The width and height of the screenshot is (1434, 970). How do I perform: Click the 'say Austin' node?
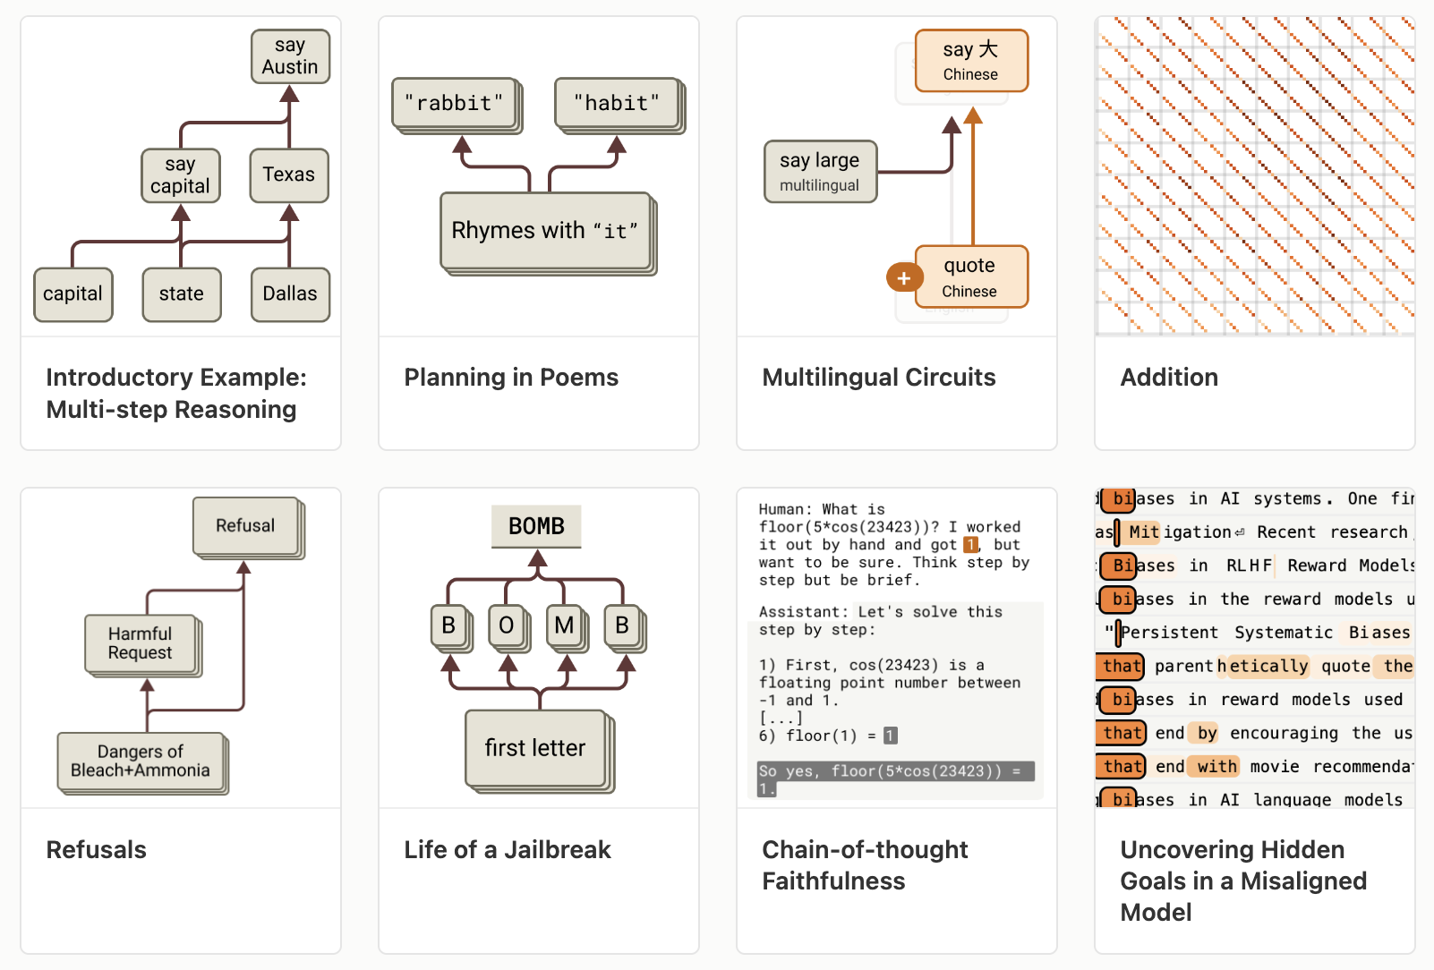(290, 56)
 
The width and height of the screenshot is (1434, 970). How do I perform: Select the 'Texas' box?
(288, 174)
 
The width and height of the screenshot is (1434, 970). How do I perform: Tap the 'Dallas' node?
(290, 294)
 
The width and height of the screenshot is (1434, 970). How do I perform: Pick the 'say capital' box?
(180, 175)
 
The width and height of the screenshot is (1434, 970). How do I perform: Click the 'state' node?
(182, 294)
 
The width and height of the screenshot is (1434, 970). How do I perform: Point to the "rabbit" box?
(454, 103)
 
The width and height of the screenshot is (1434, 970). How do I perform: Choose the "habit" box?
(617, 103)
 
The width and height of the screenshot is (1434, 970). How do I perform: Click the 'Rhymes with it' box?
(545, 231)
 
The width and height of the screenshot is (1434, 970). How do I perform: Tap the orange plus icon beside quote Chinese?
(904, 278)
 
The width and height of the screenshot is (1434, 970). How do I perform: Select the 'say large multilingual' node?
(820, 171)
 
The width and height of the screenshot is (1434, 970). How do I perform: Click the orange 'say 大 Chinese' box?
(971, 61)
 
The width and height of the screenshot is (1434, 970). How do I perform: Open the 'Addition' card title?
(1169, 378)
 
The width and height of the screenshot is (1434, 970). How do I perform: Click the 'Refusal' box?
(245, 525)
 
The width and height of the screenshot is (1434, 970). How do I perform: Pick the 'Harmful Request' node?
(141, 643)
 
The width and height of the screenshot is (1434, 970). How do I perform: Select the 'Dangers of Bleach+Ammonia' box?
(141, 762)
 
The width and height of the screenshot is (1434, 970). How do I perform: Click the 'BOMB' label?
(536, 526)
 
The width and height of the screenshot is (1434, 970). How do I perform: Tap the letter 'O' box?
(506, 625)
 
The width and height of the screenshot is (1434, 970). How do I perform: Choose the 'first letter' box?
(535, 748)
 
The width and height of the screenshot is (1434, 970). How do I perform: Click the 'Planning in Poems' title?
(511, 378)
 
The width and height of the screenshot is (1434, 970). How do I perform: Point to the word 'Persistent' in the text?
(1169, 633)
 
